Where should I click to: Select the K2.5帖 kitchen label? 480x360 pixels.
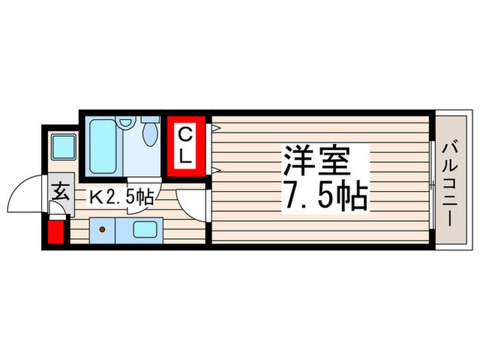122,197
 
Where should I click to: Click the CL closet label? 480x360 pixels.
184,144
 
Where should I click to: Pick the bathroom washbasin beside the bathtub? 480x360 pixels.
125,122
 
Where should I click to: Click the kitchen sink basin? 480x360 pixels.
146,230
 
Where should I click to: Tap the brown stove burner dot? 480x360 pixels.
102,230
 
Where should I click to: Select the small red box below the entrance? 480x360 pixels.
56,232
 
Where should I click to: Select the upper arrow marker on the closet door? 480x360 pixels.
215,128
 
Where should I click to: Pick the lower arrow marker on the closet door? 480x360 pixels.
215,169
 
